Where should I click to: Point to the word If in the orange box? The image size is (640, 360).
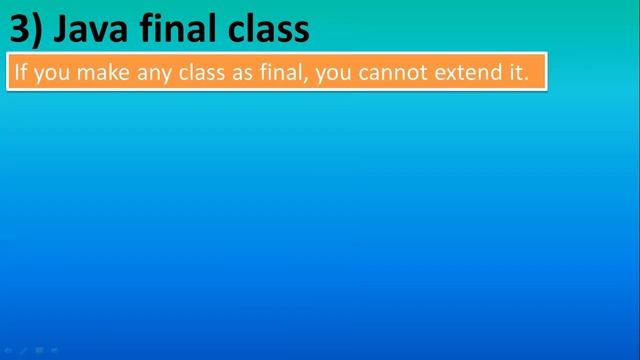pyautogui.click(x=20, y=73)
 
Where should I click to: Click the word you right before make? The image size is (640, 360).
pyautogui.click(x=53, y=74)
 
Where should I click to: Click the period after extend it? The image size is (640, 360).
pyautogui.click(x=525, y=79)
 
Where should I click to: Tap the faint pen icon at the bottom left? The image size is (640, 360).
pyautogui.click(x=23, y=351)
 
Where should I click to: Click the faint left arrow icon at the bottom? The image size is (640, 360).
pyautogui.click(x=8, y=351)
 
